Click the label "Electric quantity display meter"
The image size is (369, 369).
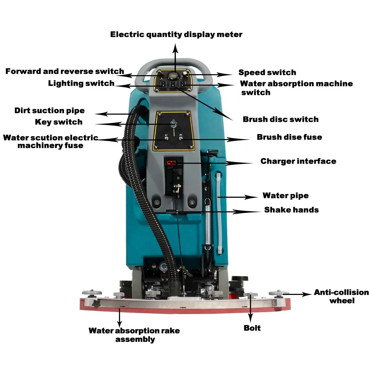[x=176, y=34]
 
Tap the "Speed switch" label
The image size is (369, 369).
[x=267, y=73]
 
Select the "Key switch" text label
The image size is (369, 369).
[x=59, y=122]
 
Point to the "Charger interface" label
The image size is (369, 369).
[x=298, y=161]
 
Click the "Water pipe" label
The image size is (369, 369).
[x=285, y=196]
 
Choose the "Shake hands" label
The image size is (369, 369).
[x=291, y=210]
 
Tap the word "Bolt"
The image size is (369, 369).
[x=252, y=328]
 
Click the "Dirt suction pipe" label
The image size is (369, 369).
[x=50, y=111]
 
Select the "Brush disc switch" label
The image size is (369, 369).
[x=280, y=119]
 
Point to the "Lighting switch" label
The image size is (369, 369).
[x=81, y=83]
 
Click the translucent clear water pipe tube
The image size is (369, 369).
[x=219, y=212]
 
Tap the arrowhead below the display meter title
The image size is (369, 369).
[x=175, y=48]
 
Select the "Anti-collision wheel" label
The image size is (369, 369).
[x=341, y=296]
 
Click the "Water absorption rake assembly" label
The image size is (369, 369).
[x=134, y=335]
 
